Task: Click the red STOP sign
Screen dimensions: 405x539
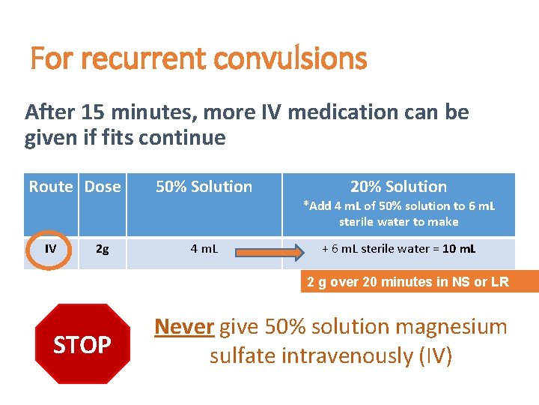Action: click(82, 344)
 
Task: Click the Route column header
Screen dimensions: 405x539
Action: click(51, 187)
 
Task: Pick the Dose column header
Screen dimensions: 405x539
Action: click(103, 187)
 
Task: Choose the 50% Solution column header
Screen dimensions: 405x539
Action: click(204, 187)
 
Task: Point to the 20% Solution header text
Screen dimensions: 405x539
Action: click(398, 187)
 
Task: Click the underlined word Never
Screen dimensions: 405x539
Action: click(184, 327)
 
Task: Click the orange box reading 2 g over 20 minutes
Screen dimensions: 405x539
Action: click(408, 282)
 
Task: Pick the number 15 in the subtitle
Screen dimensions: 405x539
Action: click(91, 112)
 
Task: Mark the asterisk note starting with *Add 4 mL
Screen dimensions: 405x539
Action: click(398, 214)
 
